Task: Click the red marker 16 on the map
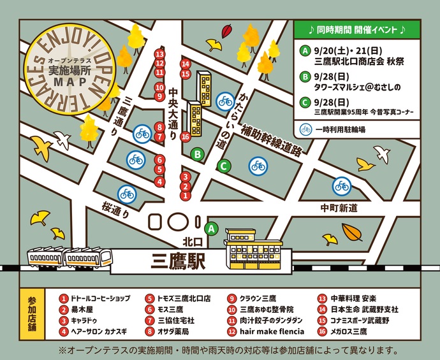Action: [x=185, y=137]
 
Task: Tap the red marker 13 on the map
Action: [x=159, y=55]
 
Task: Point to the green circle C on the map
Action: [x=223, y=167]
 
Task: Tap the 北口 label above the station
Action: [x=192, y=242]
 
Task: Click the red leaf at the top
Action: [x=227, y=31]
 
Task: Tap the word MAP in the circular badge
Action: [x=64, y=82]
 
